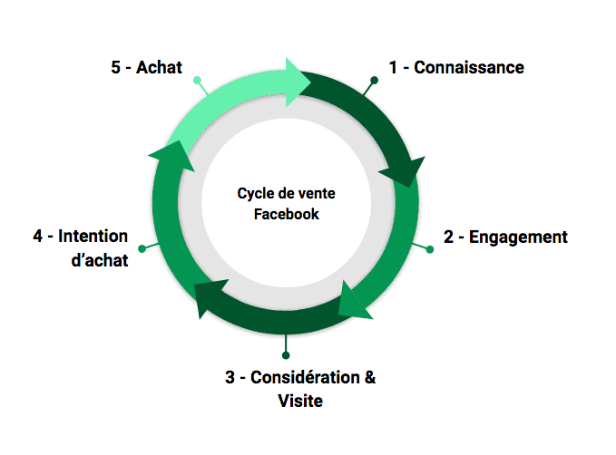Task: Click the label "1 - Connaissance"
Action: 455,67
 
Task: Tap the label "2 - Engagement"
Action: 505,237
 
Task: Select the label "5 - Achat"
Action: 146,67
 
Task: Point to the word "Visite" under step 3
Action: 300,401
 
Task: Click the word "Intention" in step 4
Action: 93,237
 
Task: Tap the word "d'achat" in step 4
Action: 99,260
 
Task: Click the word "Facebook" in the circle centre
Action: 287,215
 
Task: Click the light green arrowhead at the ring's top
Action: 297,81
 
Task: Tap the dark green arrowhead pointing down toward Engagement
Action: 405,171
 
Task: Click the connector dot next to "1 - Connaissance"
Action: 374,81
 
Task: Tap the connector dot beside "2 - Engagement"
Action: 429,248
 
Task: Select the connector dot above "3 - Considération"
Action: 286,354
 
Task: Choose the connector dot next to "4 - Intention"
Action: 142,248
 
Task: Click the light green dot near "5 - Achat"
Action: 197,81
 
